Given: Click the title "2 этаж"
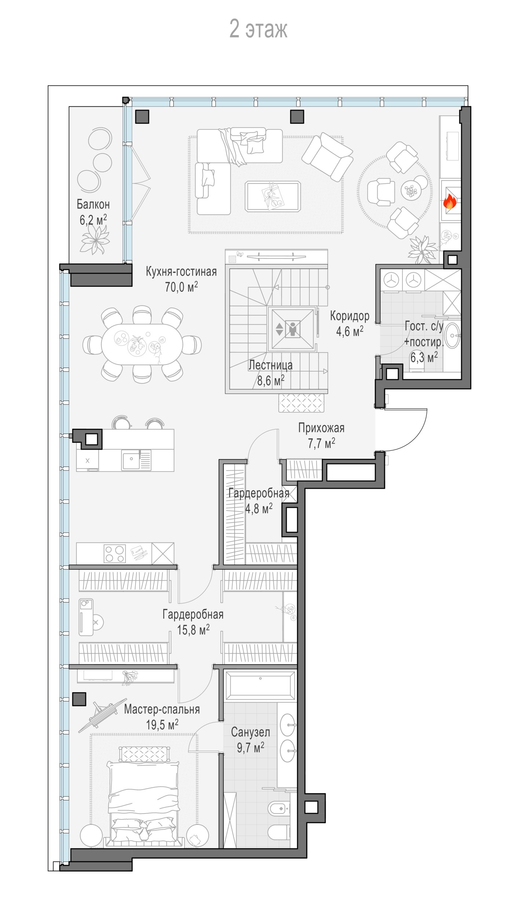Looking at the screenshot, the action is coord(258,29).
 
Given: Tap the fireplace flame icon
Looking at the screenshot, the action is coord(449,201).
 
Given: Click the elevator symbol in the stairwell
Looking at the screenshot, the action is coord(292,329).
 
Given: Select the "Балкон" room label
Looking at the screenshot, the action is coord(93,204).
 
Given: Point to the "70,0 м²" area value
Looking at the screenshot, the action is coord(181,286).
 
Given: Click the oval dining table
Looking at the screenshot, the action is coord(142,344).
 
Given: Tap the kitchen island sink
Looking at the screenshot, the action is coord(136,460).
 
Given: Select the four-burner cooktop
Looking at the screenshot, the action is coord(115,554).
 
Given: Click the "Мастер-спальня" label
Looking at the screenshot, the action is coord(162,709).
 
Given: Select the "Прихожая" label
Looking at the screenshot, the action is coord(321,428).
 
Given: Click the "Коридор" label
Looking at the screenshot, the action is coord(350,316).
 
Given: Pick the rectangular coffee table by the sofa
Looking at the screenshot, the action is coord(273,197).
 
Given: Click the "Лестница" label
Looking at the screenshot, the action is coord(270,365).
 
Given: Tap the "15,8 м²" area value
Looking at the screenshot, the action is coord(193,630).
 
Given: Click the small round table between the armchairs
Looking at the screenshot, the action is coord(411,190).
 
